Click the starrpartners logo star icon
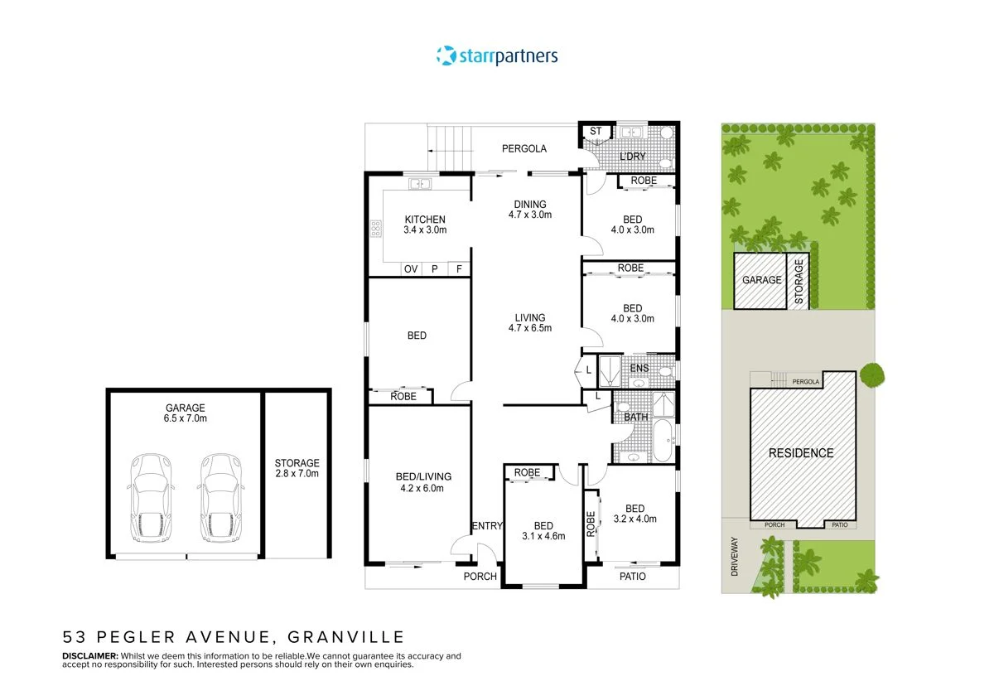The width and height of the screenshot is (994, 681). point(446,56)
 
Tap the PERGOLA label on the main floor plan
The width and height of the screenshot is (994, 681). point(524,149)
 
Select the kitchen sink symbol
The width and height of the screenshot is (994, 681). point(420,183)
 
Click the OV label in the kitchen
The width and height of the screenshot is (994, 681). point(411,269)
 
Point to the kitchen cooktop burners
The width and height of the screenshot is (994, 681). point(376,229)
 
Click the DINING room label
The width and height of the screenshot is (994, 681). point(530,204)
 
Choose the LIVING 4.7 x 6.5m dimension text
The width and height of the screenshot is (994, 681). point(530,328)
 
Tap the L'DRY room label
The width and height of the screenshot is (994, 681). point(632,157)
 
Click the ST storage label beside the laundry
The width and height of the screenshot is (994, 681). point(596,131)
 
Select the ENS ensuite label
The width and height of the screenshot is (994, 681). point(639,368)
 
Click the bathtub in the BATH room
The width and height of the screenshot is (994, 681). point(663,441)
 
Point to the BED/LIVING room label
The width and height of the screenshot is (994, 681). point(423,476)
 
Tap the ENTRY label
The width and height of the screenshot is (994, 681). point(487,525)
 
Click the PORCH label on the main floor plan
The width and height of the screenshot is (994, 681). point(480,577)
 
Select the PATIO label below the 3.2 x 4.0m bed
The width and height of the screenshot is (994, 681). point(633,577)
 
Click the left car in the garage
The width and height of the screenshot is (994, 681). point(151,498)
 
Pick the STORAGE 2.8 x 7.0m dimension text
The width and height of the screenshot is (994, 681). point(297,474)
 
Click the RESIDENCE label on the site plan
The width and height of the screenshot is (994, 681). point(801,453)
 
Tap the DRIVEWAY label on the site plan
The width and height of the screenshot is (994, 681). point(735,557)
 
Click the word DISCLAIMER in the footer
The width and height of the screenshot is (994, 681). point(90,655)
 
